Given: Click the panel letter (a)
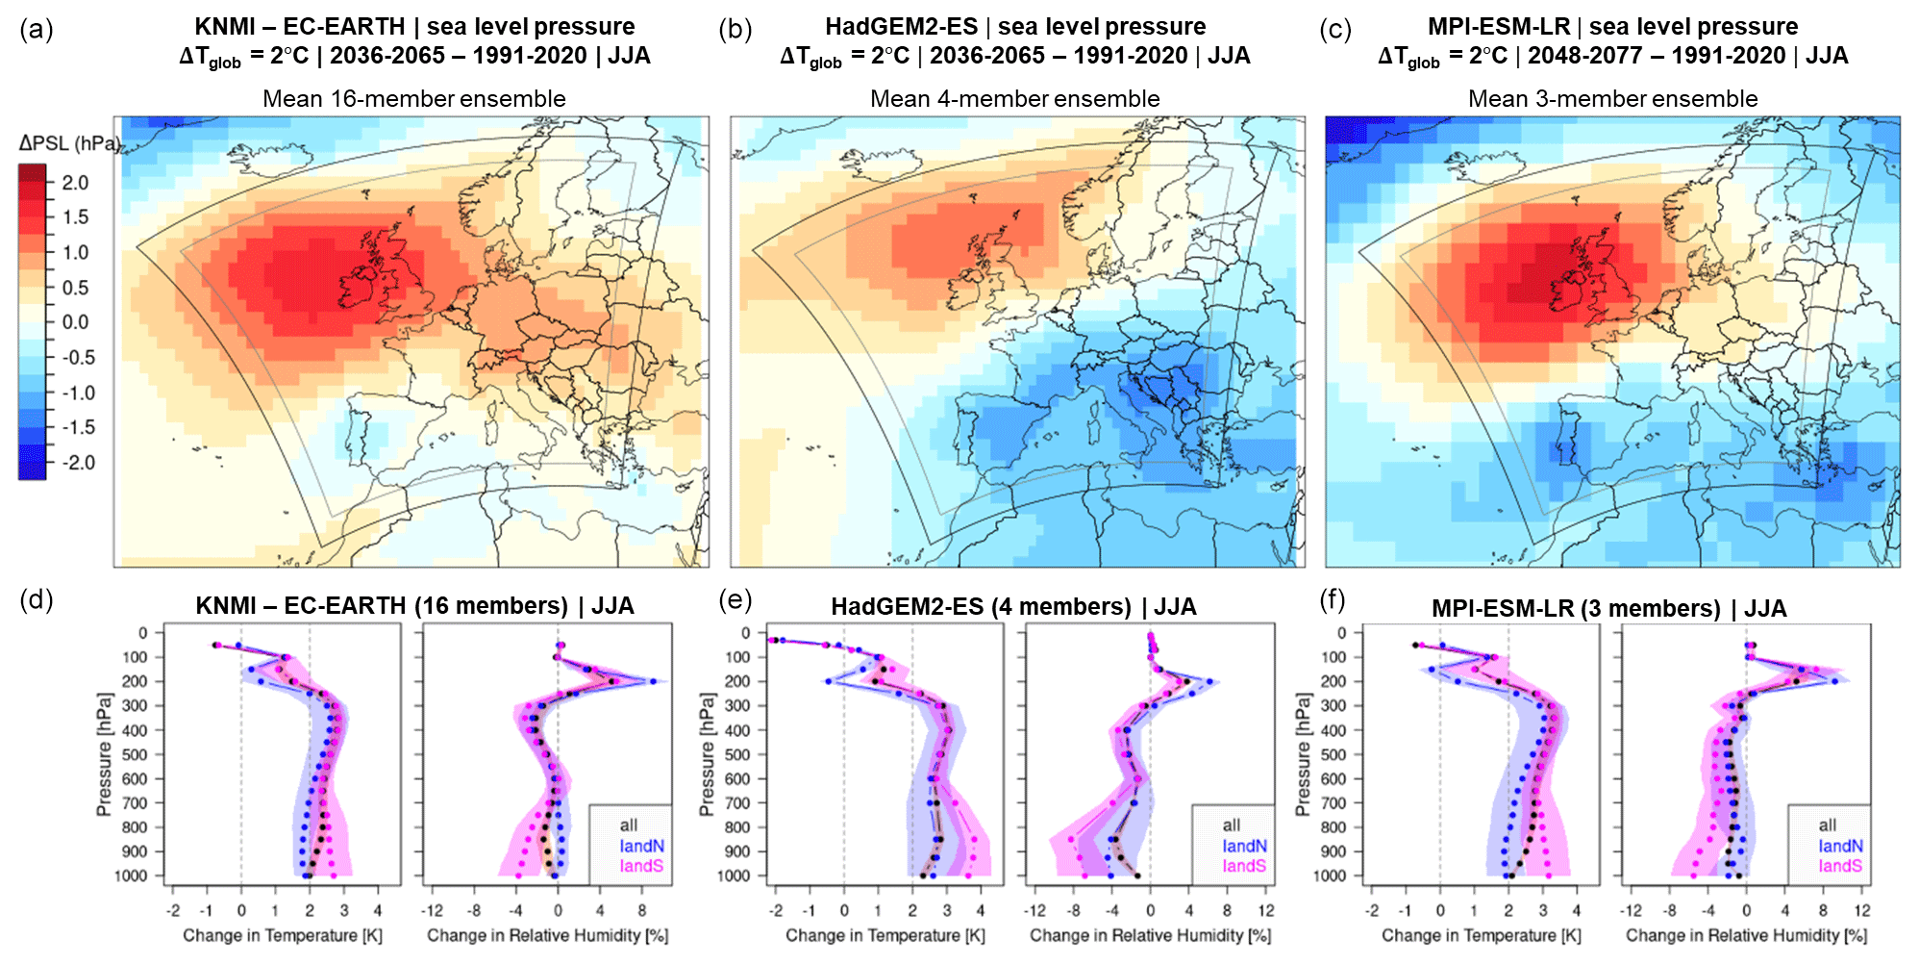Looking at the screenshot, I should click(x=37, y=30).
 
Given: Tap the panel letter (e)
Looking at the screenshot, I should click(x=735, y=600).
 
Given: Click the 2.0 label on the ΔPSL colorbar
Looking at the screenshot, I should click(x=75, y=183).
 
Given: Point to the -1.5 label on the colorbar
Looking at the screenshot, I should click(x=77, y=427).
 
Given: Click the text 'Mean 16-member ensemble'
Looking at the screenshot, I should click(x=414, y=99).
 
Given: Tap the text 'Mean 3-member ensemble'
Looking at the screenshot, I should click(x=1612, y=99).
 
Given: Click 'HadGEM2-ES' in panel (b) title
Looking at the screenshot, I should click(x=901, y=27).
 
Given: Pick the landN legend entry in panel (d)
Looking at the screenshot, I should click(x=641, y=846).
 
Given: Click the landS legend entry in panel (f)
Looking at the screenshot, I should click(x=1840, y=866).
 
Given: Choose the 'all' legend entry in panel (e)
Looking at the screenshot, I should click(x=1232, y=825).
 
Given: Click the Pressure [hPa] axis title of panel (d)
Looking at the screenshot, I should click(x=104, y=756).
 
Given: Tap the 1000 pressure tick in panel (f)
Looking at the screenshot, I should click(x=1330, y=876).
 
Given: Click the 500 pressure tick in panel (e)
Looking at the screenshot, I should click(x=738, y=754).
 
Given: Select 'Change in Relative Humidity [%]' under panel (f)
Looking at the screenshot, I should click(x=1746, y=935).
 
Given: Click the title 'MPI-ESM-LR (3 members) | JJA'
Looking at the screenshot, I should click(x=1609, y=609).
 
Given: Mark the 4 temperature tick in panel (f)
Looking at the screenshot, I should click(x=1577, y=911).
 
